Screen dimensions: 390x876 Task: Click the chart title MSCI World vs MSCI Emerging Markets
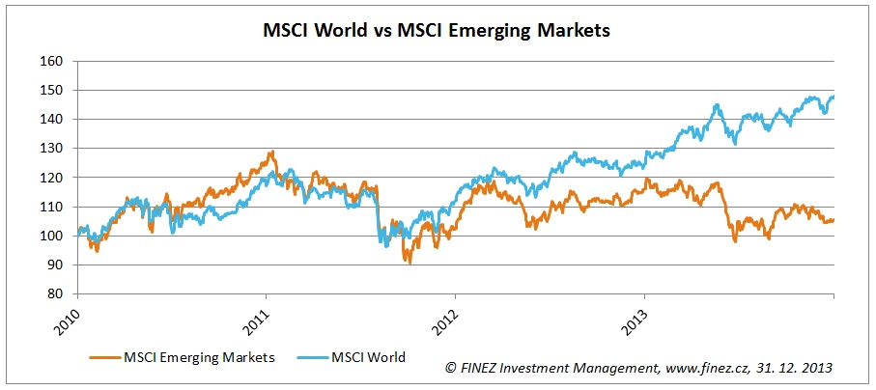tap(438, 30)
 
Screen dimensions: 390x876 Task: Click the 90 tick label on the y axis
tap(55, 265)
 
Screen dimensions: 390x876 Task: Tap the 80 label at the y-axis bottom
tap(55, 293)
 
